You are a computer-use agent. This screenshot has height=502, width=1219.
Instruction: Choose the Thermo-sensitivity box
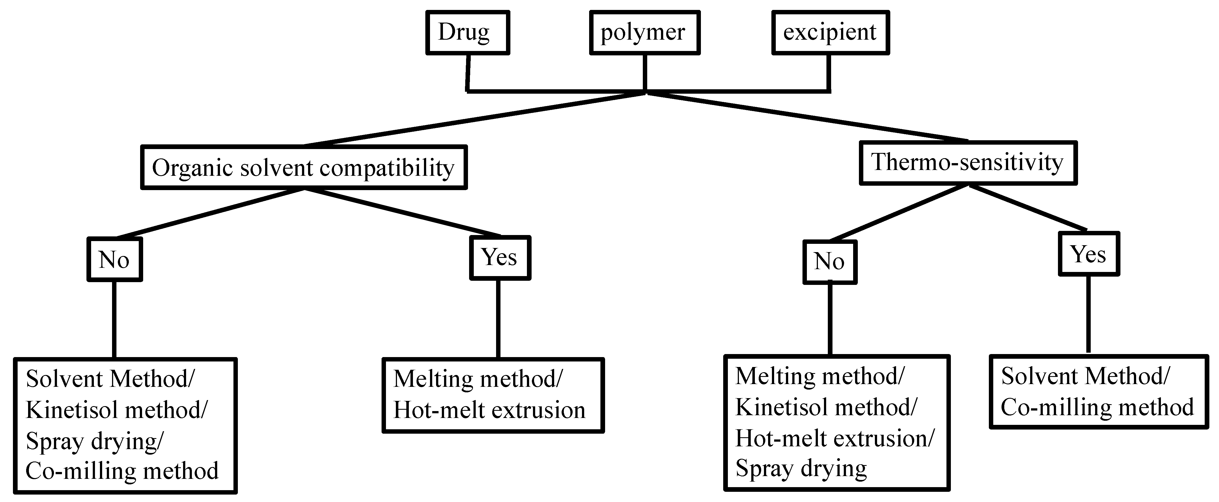pyautogui.click(x=968, y=163)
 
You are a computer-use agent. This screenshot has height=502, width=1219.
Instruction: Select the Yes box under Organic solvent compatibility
pyautogui.click(x=500, y=258)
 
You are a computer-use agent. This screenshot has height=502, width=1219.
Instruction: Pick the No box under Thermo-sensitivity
pyautogui.click(x=829, y=262)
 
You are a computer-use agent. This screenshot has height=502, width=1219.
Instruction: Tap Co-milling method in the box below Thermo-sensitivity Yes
pyautogui.click(x=1097, y=407)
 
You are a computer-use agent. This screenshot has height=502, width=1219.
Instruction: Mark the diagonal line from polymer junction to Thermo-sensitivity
pyautogui.click(x=807, y=117)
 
